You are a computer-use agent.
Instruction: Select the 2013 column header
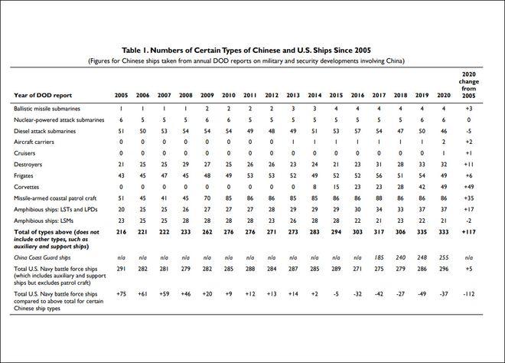click(293, 95)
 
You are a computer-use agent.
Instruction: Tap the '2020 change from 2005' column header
click(468, 85)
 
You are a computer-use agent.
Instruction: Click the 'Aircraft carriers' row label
click(34, 142)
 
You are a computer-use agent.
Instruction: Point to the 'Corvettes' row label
click(27, 187)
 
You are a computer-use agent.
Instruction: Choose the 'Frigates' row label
click(24, 175)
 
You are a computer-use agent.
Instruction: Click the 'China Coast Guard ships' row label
click(42, 257)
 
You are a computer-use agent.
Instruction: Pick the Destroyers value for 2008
click(186, 165)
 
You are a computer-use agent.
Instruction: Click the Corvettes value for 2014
click(314, 187)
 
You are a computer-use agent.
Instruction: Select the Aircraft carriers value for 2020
click(444, 142)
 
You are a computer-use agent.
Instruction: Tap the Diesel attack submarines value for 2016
click(357, 131)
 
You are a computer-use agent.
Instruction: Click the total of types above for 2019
click(422, 232)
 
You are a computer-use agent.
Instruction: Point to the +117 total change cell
click(468, 232)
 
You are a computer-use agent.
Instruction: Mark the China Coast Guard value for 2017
click(379, 257)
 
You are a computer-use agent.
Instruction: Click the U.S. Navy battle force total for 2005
click(121, 269)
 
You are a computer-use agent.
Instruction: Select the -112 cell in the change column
click(468, 293)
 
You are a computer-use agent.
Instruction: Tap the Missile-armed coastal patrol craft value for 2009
click(207, 198)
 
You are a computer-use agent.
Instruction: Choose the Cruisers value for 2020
click(444, 153)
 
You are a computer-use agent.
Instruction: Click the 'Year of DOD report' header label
click(43, 95)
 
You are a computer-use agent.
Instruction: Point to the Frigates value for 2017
click(379, 175)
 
